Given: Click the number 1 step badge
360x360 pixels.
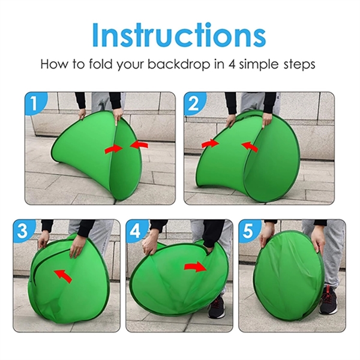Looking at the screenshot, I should click(35, 103).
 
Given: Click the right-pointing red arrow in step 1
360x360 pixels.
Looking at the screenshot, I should click(113, 149).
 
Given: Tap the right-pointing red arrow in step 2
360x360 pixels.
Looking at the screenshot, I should click(210, 144).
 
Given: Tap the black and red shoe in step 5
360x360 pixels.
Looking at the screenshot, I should click(328, 301).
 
